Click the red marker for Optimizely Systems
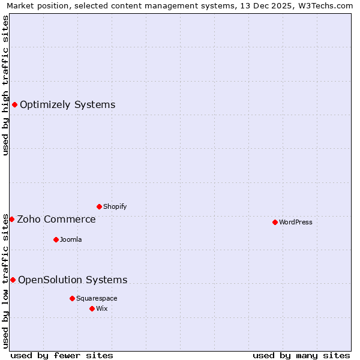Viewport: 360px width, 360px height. point(15,105)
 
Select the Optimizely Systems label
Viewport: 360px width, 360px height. point(67,105)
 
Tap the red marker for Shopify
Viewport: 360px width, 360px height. point(99,206)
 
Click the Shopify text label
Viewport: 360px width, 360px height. point(115,206)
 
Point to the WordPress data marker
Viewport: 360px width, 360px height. point(275,222)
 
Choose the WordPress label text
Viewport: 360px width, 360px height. point(296,222)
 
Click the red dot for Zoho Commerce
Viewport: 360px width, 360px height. point(11,220)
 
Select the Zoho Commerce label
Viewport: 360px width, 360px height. point(56,220)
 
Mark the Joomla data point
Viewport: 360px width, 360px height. point(56,239)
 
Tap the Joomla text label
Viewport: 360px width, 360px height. point(71,239)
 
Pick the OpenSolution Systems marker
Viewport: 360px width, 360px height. point(13,280)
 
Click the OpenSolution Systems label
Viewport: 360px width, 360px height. point(73,280)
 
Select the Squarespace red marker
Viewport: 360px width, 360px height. point(72,298)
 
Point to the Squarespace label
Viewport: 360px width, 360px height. point(97,298)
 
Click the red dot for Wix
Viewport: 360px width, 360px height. point(92,308)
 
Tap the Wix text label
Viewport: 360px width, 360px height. point(102,308)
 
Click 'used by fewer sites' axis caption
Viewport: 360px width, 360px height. point(62,355)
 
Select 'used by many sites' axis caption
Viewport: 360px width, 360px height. point(301,355)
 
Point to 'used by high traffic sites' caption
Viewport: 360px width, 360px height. point(6,85)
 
